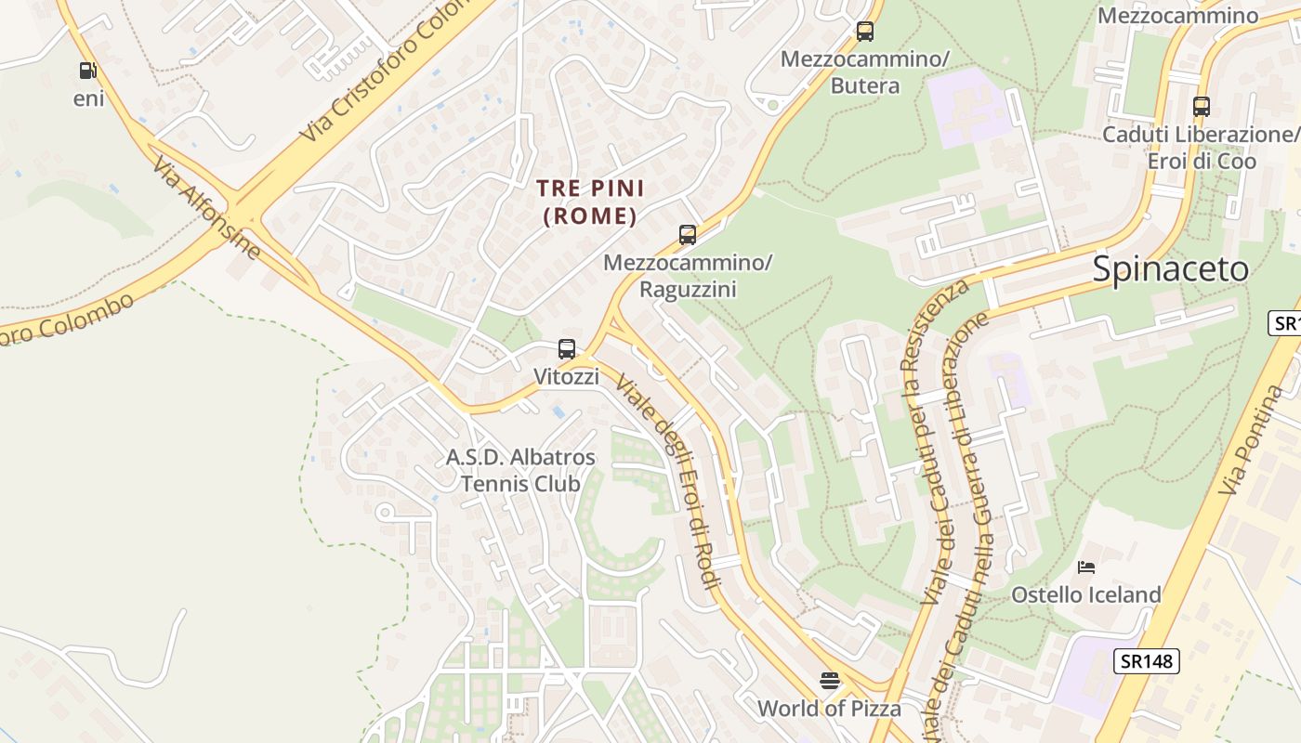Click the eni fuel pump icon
click(x=87, y=71)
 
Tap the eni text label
click(x=88, y=98)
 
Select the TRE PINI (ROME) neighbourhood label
click(x=590, y=202)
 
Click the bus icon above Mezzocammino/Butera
click(x=865, y=32)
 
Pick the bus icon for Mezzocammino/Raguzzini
click(x=688, y=234)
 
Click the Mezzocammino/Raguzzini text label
click(x=688, y=276)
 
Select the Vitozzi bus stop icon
click(x=567, y=349)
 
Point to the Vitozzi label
click(x=566, y=376)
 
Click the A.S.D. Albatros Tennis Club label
click(x=520, y=470)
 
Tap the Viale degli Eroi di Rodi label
click(x=668, y=483)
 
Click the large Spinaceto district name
click(x=1171, y=269)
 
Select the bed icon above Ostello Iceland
click(x=1086, y=567)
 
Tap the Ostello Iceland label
click(x=1086, y=594)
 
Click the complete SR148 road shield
click(x=1146, y=661)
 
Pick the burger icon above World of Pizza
click(x=830, y=681)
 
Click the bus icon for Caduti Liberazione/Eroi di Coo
click(x=1202, y=106)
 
